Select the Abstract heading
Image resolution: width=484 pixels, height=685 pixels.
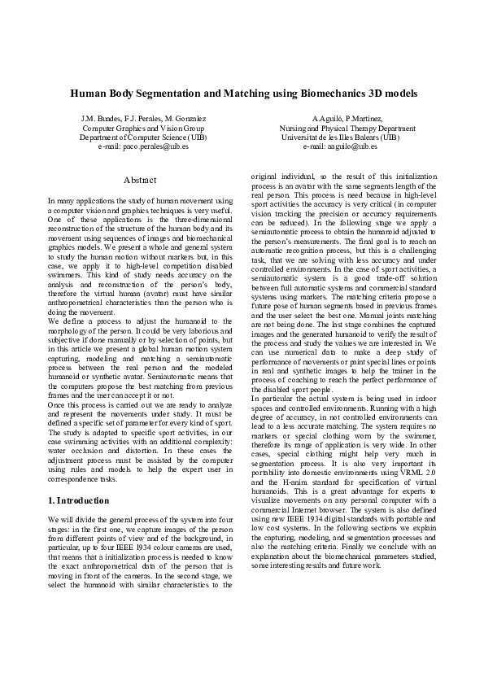point(140,179)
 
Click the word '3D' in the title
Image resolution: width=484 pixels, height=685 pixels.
point(375,94)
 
